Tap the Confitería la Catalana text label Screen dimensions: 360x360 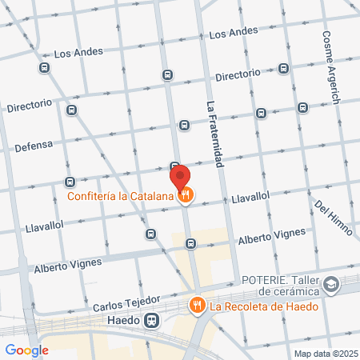(120, 195)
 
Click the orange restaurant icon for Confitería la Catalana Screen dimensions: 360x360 (186, 194)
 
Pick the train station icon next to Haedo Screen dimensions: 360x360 (150, 321)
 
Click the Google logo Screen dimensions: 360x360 (26, 349)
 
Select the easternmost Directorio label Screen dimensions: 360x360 (238, 74)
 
